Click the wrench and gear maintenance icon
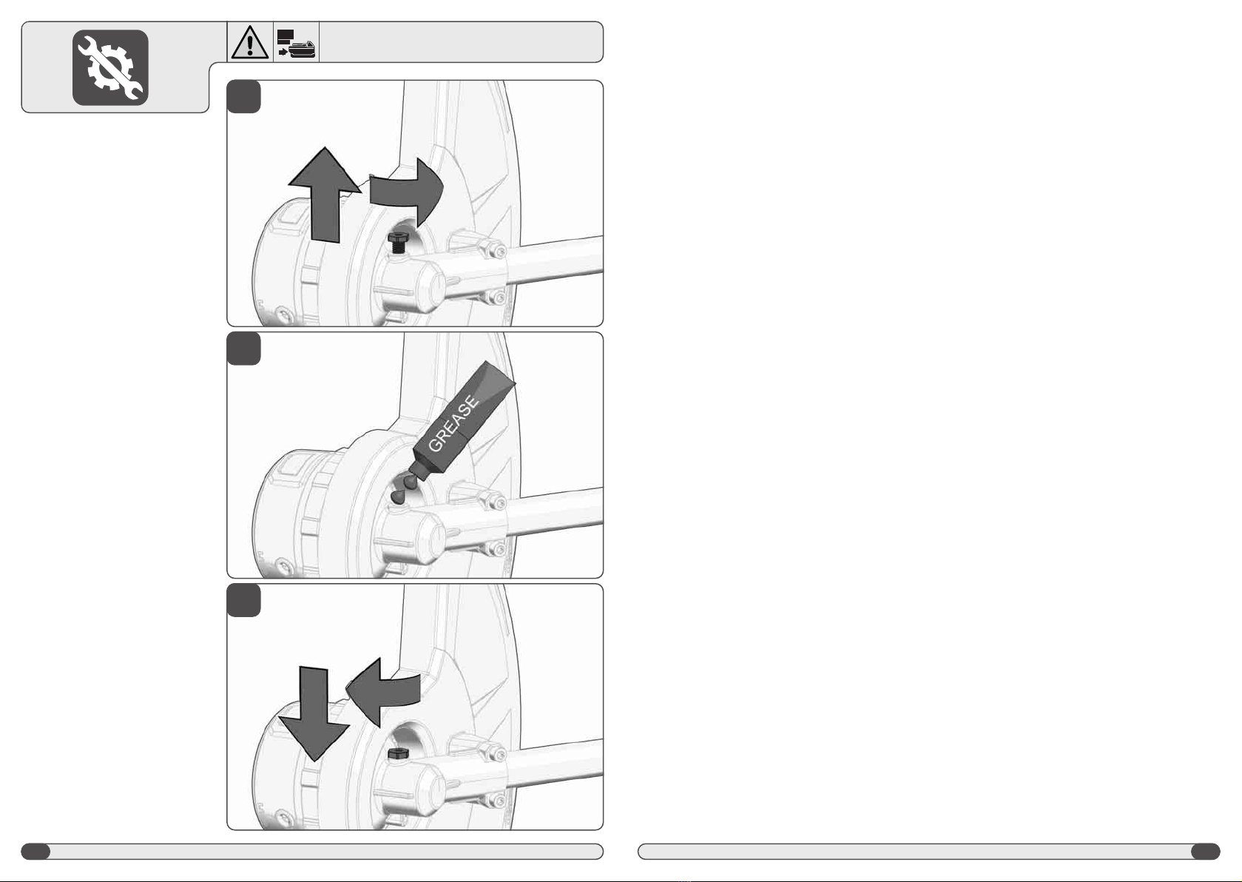(110, 67)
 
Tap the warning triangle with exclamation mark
(250, 42)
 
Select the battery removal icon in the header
(296, 43)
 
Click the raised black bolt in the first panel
(397, 243)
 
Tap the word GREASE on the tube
(453, 424)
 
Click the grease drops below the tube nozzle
(404, 488)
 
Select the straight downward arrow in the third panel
(314, 713)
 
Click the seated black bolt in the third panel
(398, 753)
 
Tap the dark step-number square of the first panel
(244, 97)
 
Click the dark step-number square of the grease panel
(244, 349)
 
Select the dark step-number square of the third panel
(244, 601)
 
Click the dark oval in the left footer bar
(36, 852)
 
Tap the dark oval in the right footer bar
(1206, 852)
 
